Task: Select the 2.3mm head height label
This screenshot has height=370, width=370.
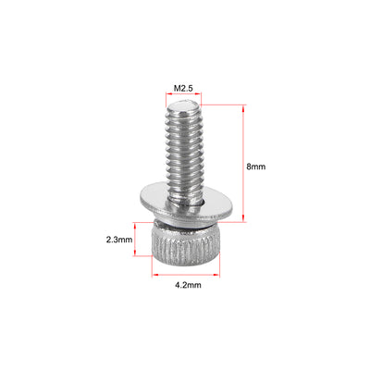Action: [x=120, y=240]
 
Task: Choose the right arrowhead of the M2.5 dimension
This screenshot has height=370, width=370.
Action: [x=200, y=98]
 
